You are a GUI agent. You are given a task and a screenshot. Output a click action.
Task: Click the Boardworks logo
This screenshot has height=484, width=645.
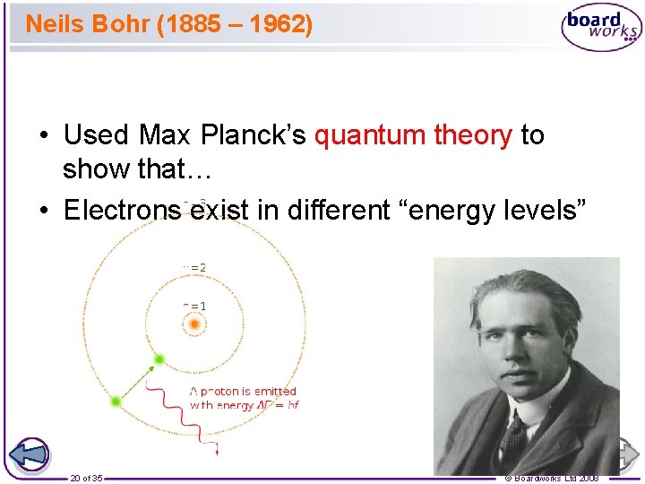(601, 27)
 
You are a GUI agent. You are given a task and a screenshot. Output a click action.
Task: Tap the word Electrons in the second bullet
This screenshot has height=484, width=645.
(123, 210)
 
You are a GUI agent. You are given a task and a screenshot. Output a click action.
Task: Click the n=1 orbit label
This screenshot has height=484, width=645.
(195, 306)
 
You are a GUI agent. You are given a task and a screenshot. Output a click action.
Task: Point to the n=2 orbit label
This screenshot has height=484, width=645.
(195, 266)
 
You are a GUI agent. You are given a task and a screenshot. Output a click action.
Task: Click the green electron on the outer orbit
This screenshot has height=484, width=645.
(116, 402)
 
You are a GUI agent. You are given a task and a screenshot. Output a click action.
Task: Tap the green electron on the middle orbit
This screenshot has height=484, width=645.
(159, 359)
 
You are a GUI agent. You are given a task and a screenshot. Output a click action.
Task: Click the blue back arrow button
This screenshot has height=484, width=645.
(30, 454)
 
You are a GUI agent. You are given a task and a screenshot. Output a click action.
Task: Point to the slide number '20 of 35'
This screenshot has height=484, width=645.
(86, 478)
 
